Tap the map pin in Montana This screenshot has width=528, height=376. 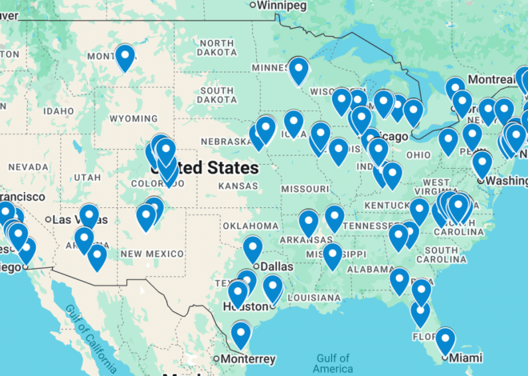click(x=125, y=58)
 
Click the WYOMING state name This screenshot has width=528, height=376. click(x=134, y=118)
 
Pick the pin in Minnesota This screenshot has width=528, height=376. click(x=298, y=70)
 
